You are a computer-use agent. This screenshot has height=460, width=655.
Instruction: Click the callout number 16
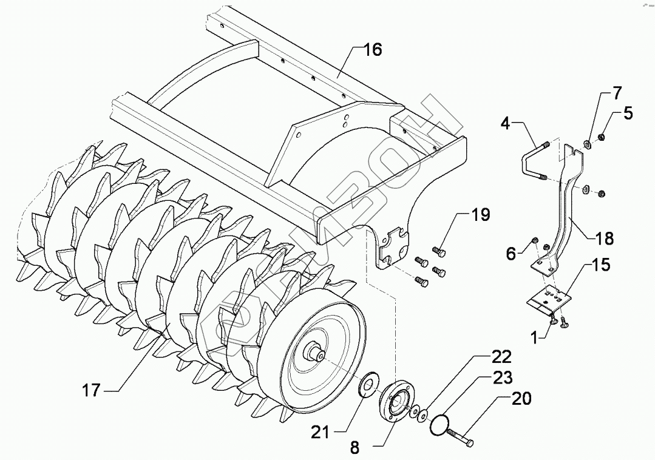point(373,50)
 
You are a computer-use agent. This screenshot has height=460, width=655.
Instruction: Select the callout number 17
point(91,390)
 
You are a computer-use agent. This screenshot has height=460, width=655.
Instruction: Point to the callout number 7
point(616,94)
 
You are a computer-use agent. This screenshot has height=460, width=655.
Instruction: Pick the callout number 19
point(480,215)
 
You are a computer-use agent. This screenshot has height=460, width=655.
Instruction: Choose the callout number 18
point(604,238)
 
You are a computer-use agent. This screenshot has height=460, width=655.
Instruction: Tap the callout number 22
point(501,357)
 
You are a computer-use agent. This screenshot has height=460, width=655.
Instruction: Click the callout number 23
point(501,377)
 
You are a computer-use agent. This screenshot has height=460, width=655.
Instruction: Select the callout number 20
point(521,399)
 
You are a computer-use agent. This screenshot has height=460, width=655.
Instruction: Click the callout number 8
point(355,448)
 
